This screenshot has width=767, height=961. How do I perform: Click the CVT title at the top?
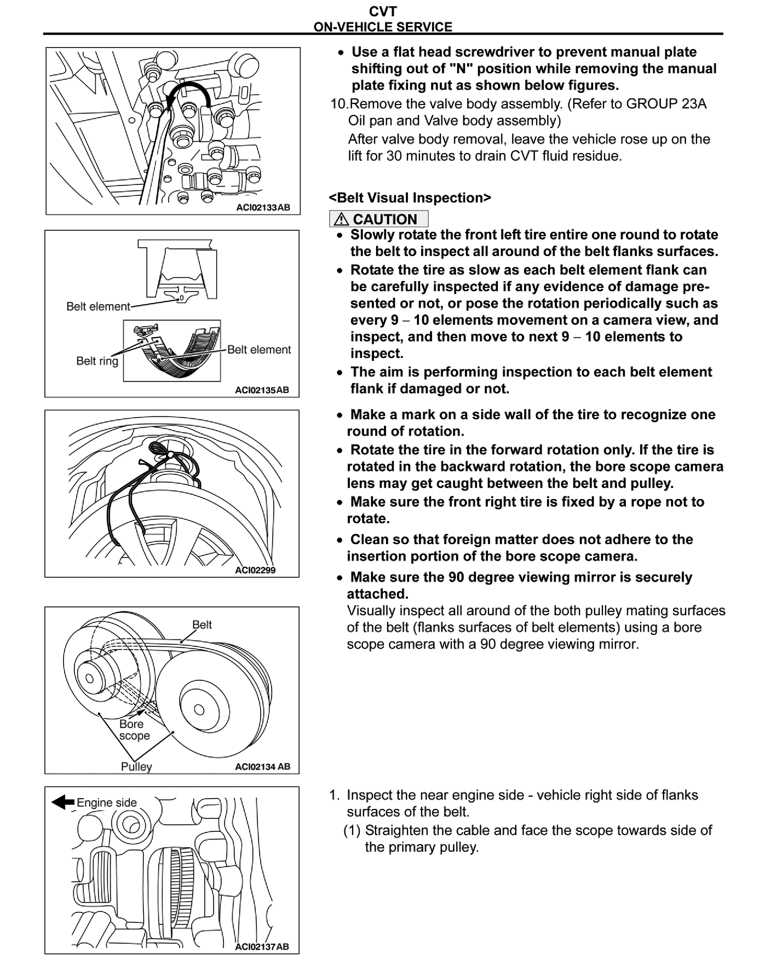383,11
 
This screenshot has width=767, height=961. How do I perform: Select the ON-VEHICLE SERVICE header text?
383,27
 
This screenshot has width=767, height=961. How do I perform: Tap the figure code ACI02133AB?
263,207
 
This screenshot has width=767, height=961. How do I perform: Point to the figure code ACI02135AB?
262,390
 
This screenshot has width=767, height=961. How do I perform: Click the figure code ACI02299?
256,570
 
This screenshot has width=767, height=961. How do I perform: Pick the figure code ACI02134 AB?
262,767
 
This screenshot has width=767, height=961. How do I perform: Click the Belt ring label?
97,361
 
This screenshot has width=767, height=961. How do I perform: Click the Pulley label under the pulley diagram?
137,767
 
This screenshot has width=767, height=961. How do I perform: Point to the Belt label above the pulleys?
202,624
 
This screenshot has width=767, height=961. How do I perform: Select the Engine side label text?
107,802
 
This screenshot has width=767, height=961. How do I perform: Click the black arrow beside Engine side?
63,802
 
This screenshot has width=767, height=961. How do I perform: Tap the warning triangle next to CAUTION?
341,219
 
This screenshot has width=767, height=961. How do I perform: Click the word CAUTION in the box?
385,219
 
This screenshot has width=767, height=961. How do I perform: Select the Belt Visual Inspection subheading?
410,197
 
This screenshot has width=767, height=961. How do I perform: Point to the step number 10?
339,104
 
